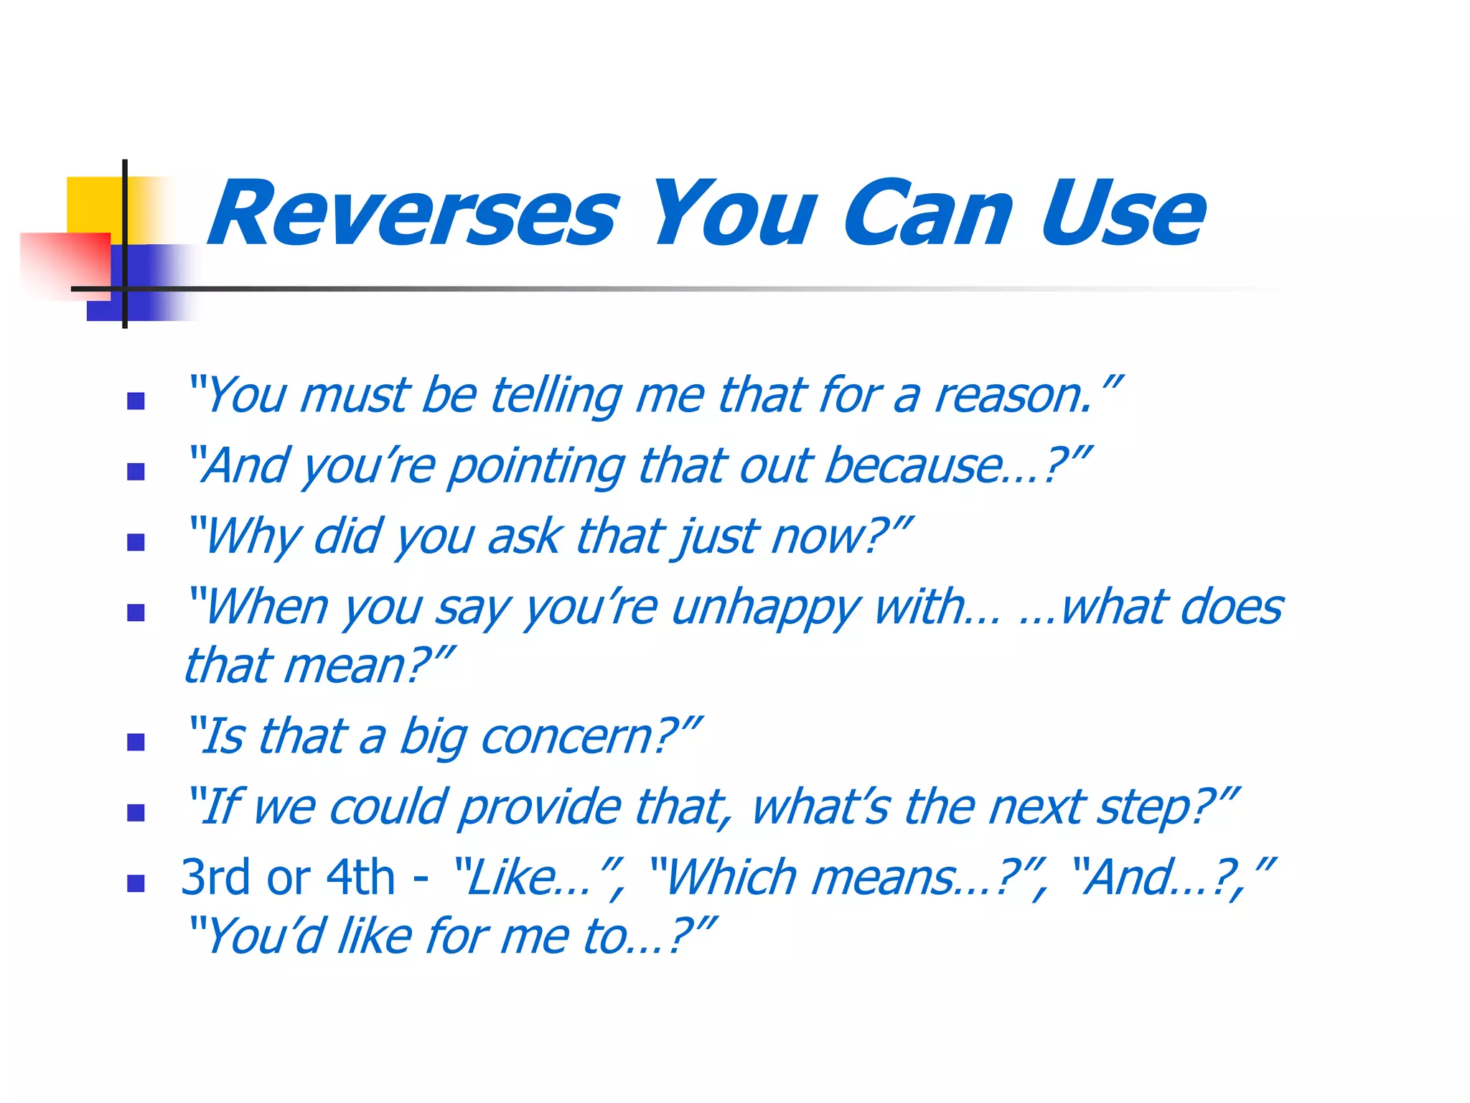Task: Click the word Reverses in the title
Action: point(413,214)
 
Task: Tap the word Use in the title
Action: point(1123,214)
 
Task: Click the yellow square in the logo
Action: point(93,205)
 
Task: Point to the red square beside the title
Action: point(65,262)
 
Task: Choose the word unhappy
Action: point(765,609)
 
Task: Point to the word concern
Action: point(567,737)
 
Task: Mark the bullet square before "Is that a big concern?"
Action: point(136,742)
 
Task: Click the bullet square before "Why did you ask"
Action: point(136,542)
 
